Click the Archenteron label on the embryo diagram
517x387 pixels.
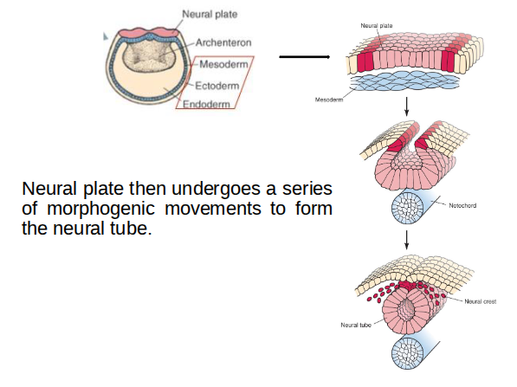pyautogui.click(x=223, y=42)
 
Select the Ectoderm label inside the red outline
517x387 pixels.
pyautogui.click(x=217, y=85)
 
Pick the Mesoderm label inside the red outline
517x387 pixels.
pyautogui.click(x=224, y=64)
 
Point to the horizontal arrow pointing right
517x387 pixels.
pyautogui.click(x=305, y=58)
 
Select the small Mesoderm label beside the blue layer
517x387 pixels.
pyautogui.click(x=329, y=100)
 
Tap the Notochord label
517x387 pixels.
pyautogui.click(x=463, y=205)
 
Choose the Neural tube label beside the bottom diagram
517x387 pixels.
pyautogui.click(x=355, y=325)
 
